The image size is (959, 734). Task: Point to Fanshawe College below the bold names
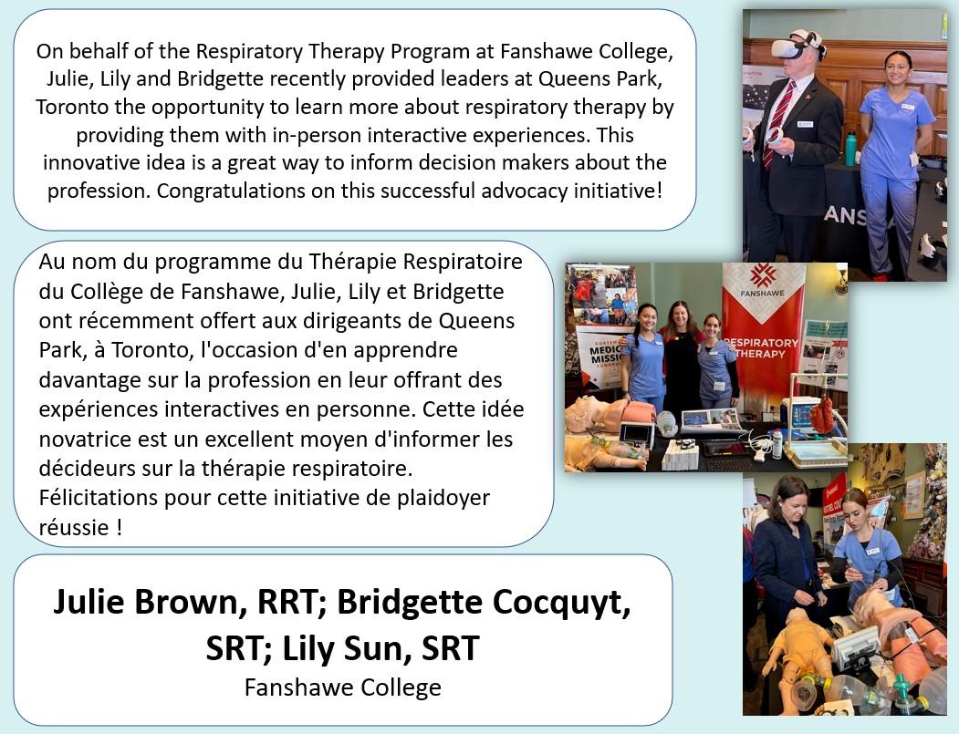pyautogui.click(x=342, y=687)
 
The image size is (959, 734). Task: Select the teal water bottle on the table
pyautogui.click(x=850, y=149)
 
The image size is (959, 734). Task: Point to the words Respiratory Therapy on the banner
pyautogui.click(x=762, y=348)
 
